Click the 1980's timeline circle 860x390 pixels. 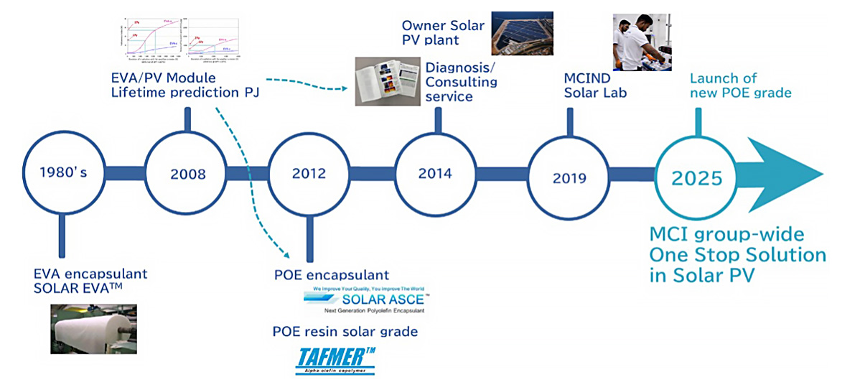(x=63, y=173)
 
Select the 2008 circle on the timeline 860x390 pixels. (x=187, y=174)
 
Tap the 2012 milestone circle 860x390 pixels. (x=309, y=174)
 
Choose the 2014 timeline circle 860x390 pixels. (x=435, y=174)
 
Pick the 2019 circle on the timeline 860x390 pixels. (x=569, y=177)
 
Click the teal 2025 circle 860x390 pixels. (x=696, y=177)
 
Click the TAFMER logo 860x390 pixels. (x=335, y=360)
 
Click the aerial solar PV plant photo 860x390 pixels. (x=521, y=33)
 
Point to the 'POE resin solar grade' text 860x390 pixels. (x=345, y=331)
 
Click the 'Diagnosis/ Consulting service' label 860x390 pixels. (x=461, y=81)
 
